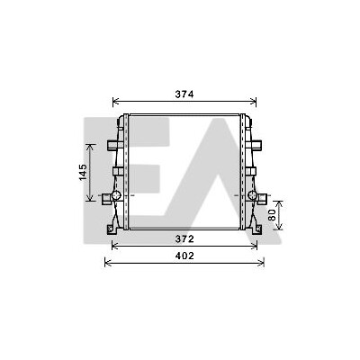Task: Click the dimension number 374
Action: (x=184, y=94)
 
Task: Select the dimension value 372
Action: (x=184, y=239)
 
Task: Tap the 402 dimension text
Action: (x=184, y=256)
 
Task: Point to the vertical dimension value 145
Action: (x=83, y=172)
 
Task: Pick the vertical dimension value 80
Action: (x=272, y=215)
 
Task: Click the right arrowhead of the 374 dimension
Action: (x=253, y=102)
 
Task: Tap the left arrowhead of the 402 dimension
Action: (x=108, y=263)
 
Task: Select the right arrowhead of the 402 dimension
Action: (x=261, y=263)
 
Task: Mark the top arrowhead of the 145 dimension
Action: (x=90, y=148)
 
